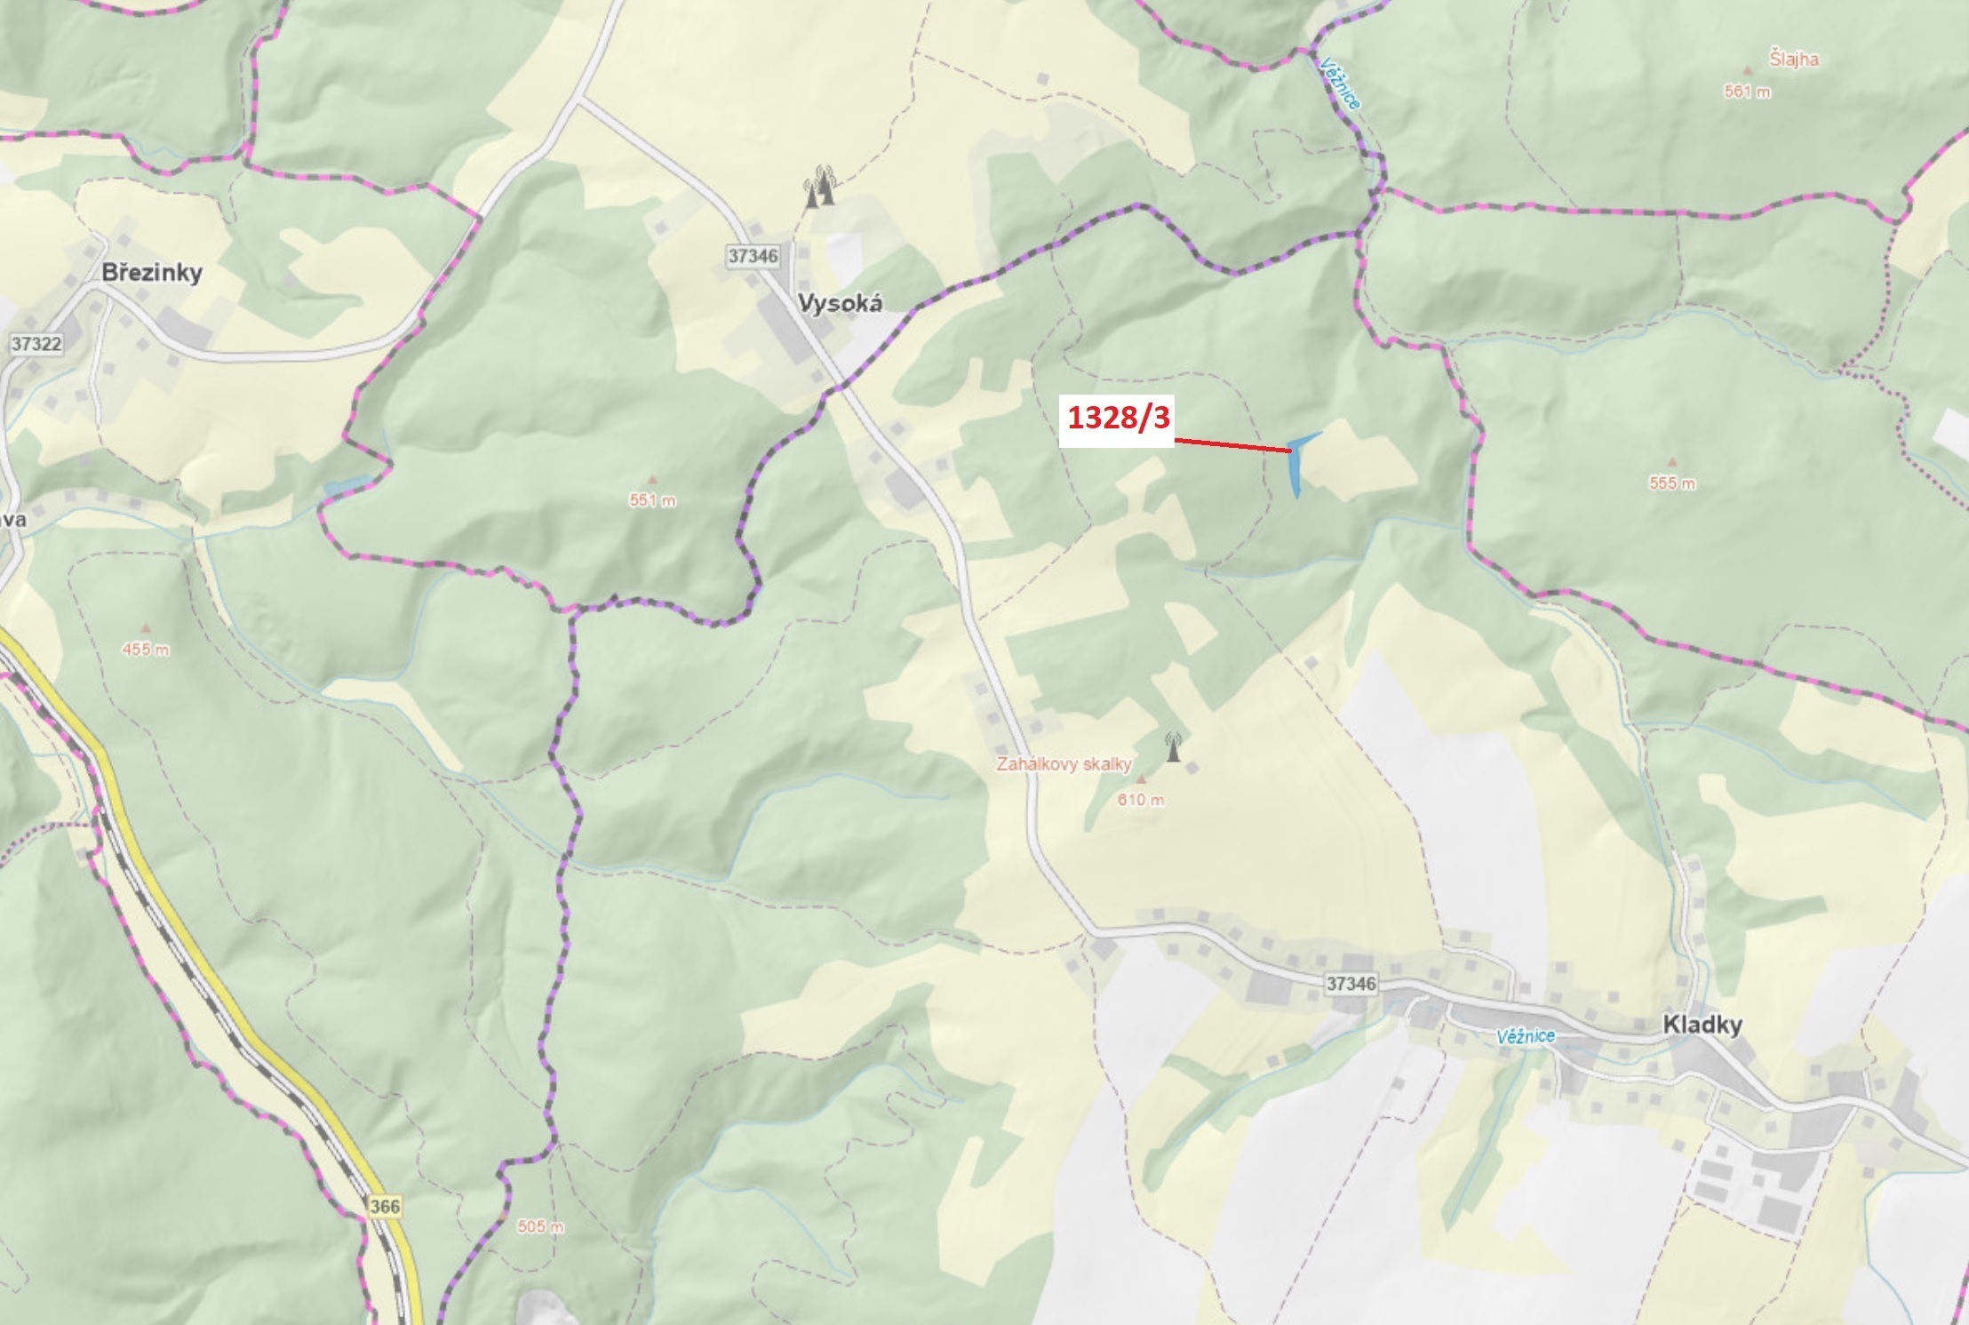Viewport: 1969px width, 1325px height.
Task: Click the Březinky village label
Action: [x=152, y=272]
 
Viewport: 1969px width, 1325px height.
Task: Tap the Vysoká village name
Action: [x=840, y=303]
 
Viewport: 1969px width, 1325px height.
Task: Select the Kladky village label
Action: [x=1702, y=1024]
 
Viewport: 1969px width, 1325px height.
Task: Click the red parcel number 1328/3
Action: [x=1119, y=417]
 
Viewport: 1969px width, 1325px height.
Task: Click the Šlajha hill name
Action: [x=1794, y=60]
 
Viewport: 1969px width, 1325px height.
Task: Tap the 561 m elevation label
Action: [x=1747, y=92]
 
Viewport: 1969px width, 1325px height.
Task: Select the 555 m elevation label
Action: [x=1672, y=483]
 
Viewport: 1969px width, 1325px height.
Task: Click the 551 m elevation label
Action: [x=652, y=500]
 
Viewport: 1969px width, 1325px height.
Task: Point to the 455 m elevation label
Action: [x=146, y=650]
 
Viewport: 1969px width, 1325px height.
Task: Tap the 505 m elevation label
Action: [x=540, y=1226]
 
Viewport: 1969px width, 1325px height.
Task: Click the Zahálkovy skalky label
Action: [x=1064, y=763]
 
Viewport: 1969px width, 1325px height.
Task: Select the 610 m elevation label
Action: [x=1141, y=799]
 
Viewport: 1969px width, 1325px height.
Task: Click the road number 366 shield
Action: [x=385, y=1206]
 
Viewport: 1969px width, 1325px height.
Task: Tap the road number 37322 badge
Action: [x=36, y=344]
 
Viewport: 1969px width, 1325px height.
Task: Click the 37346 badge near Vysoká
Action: [x=753, y=256]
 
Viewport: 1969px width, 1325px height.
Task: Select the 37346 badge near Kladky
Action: [x=1351, y=983]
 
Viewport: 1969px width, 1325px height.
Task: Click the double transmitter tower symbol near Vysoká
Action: [x=820, y=187]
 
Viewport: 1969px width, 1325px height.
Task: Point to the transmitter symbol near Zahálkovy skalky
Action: [x=1173, y=747]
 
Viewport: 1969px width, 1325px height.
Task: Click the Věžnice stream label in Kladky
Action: [x=1525, y=1036]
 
